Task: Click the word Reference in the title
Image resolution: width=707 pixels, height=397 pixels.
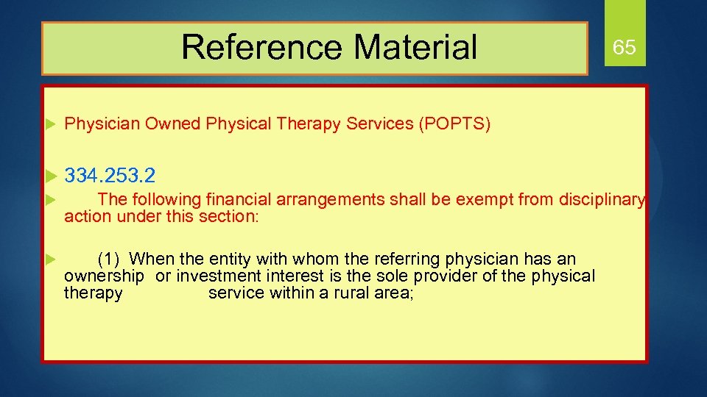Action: coord(261,47)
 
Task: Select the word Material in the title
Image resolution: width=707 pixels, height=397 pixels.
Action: coord(415,47)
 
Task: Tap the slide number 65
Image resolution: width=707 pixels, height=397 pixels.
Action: coord(624,49)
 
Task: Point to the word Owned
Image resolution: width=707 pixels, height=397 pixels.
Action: coord(172,124)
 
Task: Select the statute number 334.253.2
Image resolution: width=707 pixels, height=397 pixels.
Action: coord(110,176)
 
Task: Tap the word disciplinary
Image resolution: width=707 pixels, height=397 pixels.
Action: coord(602,199)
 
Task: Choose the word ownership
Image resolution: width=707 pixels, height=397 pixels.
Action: coord(104,276)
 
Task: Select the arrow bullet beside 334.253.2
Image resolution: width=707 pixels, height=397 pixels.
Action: coord(51,176)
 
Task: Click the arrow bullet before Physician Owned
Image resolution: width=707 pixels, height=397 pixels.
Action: coord(51,124)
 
